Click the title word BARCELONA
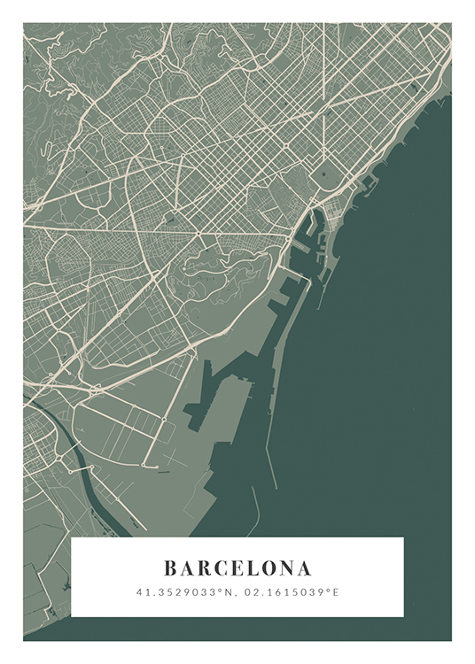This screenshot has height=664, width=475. pyautogui.click(x=237, y=567)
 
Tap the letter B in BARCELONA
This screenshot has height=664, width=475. pyautogui.click(x=170, y=567)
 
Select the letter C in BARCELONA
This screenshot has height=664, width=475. pyautogui.click(x=222, y=567)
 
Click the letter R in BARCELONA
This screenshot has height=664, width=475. pyautogui.click(x=205, y=567)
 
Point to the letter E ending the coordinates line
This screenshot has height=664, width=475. pyautogui.click(x=336, y=591)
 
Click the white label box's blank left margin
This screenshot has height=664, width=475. pyautogui.click(x=97, y=575)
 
